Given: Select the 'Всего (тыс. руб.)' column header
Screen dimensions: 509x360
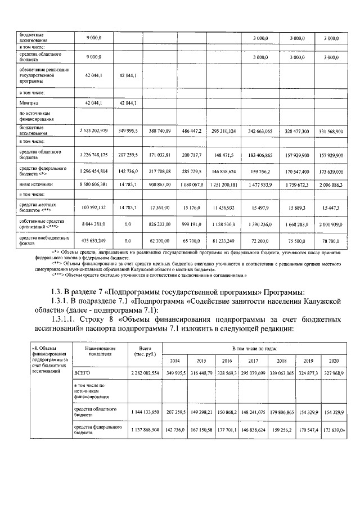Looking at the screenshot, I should [137, 352].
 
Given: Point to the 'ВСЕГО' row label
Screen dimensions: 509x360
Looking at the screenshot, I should [83, 373].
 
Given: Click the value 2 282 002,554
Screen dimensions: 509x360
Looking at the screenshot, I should [137, 373].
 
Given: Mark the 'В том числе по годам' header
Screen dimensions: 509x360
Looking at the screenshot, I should [251, 349].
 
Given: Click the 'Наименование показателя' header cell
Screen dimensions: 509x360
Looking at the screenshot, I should [100, 352].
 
